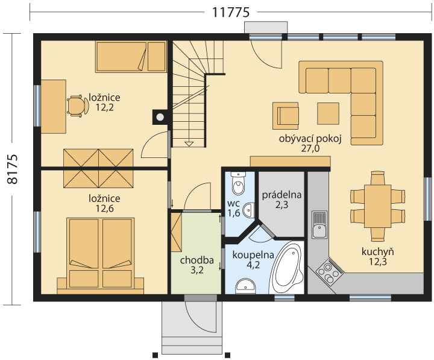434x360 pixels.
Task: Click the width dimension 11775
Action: (x=231, y=12)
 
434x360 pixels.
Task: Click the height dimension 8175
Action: (x=12, y=169)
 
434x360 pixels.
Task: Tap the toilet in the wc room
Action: (x=238, y=183)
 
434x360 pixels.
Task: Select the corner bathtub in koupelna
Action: (x=287, y=268)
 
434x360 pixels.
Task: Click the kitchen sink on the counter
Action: (x=319, y=224)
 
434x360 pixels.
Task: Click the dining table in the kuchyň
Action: (x=377, y=206)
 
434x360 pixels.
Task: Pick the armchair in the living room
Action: (x=286, y=116)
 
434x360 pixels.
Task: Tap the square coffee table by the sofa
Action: (x=329, y=113)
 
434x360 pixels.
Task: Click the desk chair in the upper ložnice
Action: (x=78, y=106)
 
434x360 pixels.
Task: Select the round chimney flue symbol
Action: (x=160, y=118)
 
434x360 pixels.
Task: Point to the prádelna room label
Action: (x=281, y=195)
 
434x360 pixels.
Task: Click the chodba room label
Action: (x=197, y=261)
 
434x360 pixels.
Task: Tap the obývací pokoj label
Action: (x=310, y=139)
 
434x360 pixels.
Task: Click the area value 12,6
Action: (x=105, y=209)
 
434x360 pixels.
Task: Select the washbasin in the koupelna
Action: (x=245, y=286)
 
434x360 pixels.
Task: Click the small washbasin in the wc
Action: (x=248, y=210)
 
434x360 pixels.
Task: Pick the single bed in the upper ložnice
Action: (x=131, y=57)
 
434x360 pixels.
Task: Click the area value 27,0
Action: (x=310, y=149)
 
